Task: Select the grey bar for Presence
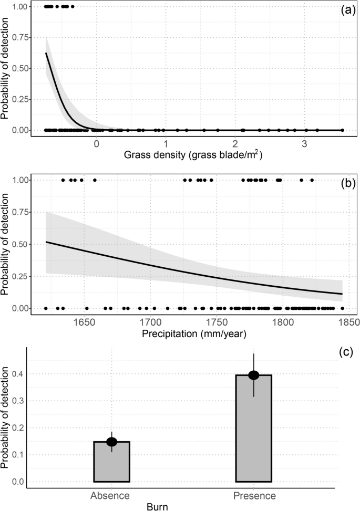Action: [x=254, y=429]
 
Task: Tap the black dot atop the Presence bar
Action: [x=254, y=375]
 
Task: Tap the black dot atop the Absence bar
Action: [x=111, y=442]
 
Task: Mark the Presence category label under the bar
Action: [x=254, y=495]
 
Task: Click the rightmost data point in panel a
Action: [x=342, y=130]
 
